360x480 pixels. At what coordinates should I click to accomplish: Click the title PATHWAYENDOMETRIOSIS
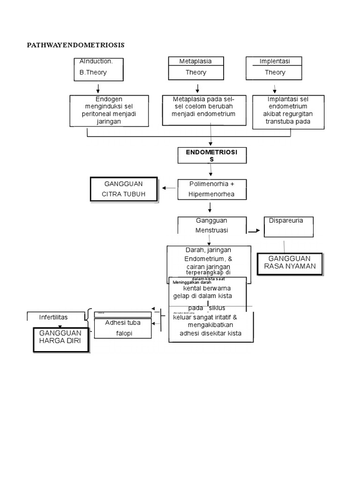coord(75,45)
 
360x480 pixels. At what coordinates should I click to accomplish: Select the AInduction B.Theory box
coord(98,68)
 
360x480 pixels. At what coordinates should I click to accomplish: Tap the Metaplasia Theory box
coord(196,68)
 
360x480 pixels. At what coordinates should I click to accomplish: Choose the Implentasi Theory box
coord(274,68)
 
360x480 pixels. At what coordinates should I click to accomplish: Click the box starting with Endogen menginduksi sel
coord(109,111)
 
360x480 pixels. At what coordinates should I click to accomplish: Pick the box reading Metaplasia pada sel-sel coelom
coord(204,110)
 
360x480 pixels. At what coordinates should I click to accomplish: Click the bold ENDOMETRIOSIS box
coord(212,156)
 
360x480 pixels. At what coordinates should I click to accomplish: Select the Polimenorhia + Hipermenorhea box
coord(212,189)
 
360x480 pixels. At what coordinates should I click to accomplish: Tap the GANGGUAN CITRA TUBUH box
coord(124,189)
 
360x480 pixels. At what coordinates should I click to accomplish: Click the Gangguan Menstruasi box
coord(212,225)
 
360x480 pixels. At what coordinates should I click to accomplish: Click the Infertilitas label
coord(53,317)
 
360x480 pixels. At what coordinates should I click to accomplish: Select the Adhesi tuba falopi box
coord(123,328)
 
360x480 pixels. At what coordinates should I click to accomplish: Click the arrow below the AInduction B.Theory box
coord(98,89)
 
